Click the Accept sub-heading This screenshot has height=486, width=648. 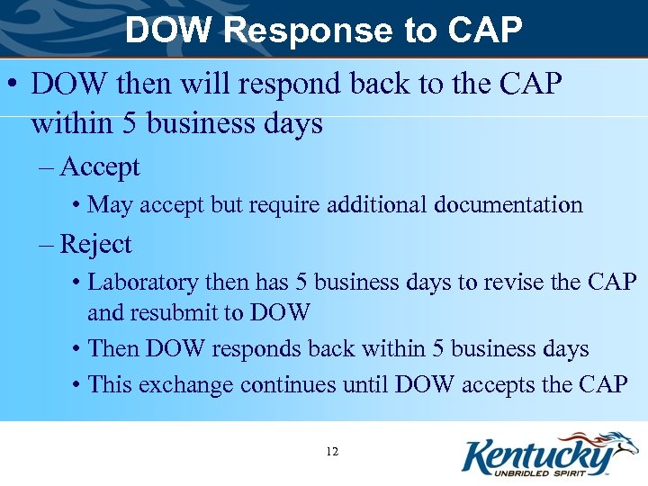[x=100, y=166]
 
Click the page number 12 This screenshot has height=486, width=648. [x=332, y=451]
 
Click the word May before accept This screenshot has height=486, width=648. [x=110, y=204]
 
